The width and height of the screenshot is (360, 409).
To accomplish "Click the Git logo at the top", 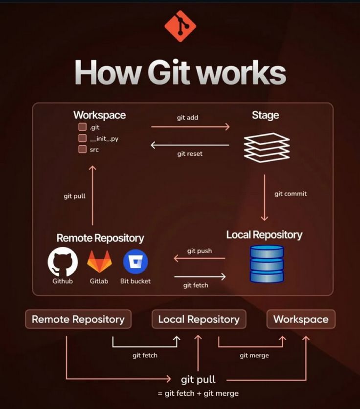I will (x=180, y=26).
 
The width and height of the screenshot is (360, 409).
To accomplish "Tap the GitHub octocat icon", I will (x=63, y=261).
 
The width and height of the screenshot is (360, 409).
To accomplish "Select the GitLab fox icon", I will (x=99, y=261).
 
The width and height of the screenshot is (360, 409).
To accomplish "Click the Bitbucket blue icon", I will (x=135, y=261).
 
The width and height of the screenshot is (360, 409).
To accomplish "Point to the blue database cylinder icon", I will (x=267, y=264).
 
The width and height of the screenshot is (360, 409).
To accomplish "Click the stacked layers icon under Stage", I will (x=267, y=147).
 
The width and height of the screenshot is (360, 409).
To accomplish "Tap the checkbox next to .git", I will (x=82, y=128).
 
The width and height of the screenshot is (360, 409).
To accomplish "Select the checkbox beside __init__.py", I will (x=82, y=139).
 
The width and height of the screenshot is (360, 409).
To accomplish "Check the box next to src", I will (x=82, y=150).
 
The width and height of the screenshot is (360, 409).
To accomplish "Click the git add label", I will (x=187, y=118).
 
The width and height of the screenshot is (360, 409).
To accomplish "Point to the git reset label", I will (x=189, y=154).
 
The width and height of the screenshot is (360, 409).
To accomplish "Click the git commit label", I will (x=291, y=194).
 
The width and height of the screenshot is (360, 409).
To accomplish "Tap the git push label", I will (x=200, y=251).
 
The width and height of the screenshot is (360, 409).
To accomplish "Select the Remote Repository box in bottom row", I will (x=78, y=319).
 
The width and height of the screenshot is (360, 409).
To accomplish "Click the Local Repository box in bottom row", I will (x=199, y=319).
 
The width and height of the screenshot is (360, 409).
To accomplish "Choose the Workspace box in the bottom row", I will (x=301, y=319).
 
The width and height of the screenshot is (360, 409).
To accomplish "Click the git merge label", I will (x=254, y=355).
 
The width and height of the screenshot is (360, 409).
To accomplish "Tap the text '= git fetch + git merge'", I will (x=198, y=393).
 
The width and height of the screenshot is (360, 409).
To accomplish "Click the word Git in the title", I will (x=169, y=73).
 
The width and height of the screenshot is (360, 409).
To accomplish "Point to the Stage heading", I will (x=265, y=115).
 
